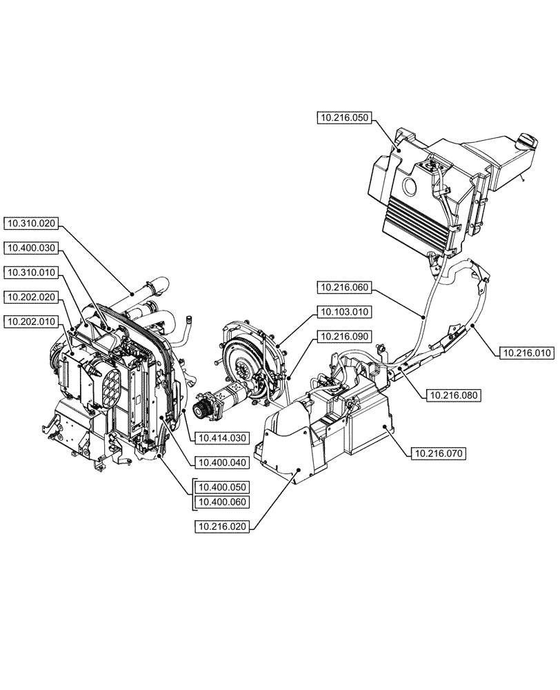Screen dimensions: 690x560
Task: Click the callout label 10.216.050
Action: coord(344,119)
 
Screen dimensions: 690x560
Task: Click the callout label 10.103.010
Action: coord(344,312)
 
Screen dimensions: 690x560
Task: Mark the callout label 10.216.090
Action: coord(344,336)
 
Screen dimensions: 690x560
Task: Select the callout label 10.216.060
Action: coord(344,286)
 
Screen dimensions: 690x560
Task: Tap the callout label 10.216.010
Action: coord(526,353)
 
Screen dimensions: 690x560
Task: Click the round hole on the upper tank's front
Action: coord(407,186)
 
